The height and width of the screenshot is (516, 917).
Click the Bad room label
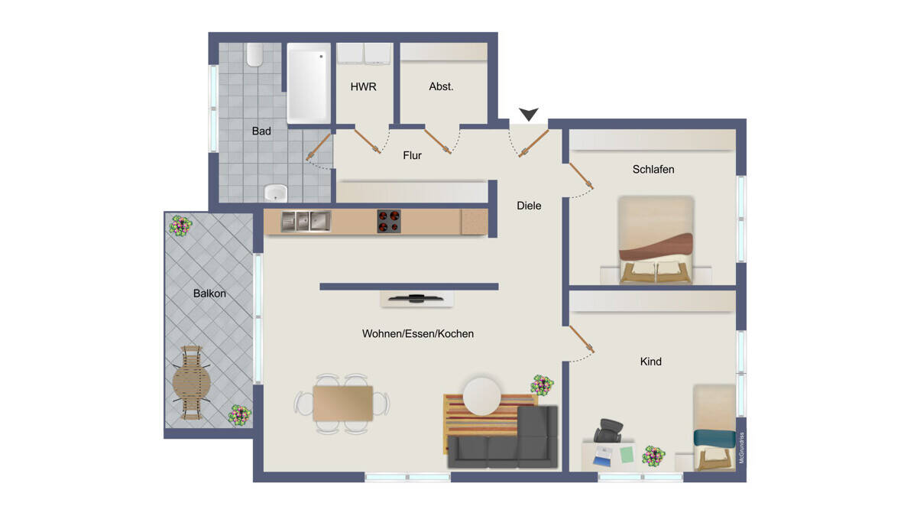coord(261,131)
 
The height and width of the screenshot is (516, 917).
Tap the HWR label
coord(363,87)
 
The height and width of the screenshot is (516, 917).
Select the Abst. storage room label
coord(442,87)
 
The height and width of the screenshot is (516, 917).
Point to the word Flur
coord(412,156)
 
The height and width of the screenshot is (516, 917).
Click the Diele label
coord(529,206)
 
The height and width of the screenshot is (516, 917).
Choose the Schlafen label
coord(653,169)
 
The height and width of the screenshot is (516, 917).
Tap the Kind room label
coord(651,362)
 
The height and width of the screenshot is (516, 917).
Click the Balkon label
coord(209,294)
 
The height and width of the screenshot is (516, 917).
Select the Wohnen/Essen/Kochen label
coord(418,334)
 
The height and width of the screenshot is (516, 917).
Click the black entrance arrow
coord(529,114)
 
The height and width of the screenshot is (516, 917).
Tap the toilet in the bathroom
coord(254,55)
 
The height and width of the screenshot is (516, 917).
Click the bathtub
coord(309,83)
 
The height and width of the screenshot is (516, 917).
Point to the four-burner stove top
coord(389,221)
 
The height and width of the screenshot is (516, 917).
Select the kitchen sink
coord(306,221)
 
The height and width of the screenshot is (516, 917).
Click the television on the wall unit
coord(416,298)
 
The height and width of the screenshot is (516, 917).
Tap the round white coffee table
coord(482,397)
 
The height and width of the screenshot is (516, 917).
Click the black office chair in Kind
coord(610,431)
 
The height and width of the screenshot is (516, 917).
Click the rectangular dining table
coord(343,404)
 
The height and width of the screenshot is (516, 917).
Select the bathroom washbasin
coord(276,193)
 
